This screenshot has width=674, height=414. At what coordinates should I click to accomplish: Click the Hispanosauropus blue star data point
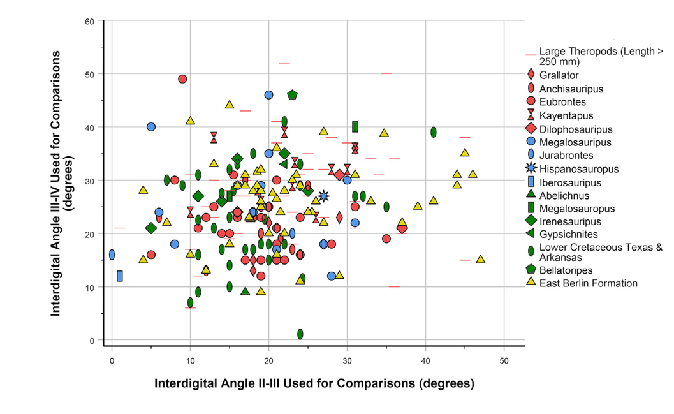coord(323,196)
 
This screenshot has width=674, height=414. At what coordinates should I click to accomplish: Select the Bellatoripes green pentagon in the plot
coord(292,95)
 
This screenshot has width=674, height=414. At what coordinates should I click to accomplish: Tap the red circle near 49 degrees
coord(182,79)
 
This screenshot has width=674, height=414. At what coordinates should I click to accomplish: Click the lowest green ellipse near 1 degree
coord(300,334)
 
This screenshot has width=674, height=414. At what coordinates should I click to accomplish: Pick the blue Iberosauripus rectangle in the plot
coord(120,276)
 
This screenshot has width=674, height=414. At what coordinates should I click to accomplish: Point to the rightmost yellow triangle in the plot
coord(480,259)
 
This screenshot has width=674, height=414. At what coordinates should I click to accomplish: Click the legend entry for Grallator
coord(559,75)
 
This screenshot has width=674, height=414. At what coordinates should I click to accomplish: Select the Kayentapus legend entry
coord(566,115)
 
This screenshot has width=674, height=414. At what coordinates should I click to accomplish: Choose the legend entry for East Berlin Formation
coord(588,283)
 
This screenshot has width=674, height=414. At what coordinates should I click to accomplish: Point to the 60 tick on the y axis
coord(91,22)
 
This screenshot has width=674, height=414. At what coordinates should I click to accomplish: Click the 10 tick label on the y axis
coord(91,287)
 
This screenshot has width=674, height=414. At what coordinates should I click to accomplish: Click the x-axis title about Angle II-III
coord(314,384)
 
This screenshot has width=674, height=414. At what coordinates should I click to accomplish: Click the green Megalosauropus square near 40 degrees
coord(355,126)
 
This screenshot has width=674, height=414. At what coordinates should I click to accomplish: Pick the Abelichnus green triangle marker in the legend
coord(531,196)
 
